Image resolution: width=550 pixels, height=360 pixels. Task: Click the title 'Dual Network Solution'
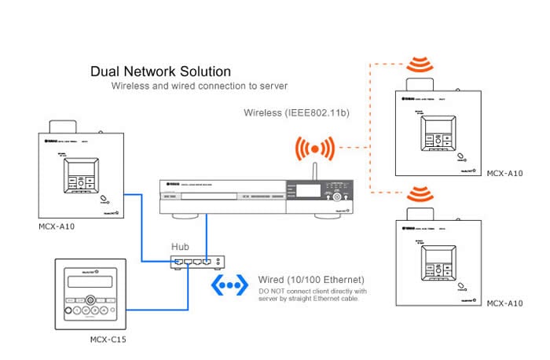161,72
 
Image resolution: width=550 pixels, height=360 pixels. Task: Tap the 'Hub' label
181,246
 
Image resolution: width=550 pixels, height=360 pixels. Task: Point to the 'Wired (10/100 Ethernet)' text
311,280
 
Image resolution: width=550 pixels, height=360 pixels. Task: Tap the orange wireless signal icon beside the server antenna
315,147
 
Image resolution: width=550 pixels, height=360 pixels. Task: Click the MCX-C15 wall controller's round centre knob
92,299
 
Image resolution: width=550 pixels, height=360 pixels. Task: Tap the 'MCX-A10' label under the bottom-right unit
506,303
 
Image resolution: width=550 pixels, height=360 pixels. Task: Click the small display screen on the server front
308,190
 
